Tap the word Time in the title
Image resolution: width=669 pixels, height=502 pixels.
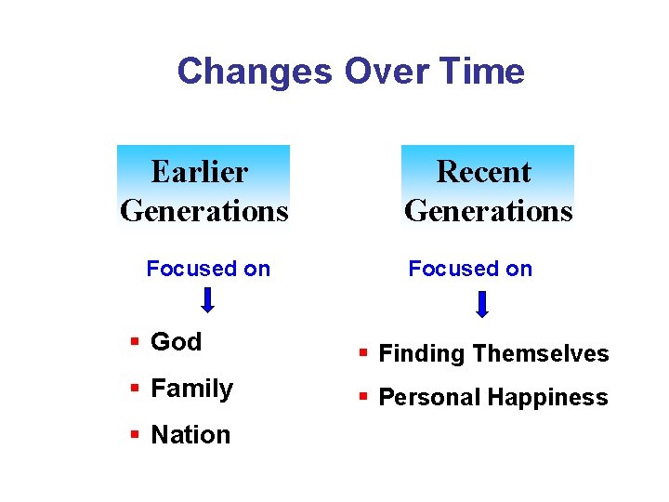coord(483,72)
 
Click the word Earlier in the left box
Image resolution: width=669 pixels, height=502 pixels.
coord(199,172)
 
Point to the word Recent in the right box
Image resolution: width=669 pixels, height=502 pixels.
coord(483,172)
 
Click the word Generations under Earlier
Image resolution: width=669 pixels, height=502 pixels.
coord(204,211)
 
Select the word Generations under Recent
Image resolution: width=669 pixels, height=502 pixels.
coord(489,211)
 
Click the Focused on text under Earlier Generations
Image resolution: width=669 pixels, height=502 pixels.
coord(208,269)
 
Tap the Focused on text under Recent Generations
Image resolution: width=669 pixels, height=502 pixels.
coord(470,269)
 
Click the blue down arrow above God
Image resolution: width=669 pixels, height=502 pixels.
coord(209,299)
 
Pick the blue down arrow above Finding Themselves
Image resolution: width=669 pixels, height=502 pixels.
coord(482,305)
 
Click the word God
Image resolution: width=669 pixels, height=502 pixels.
coord(176,342)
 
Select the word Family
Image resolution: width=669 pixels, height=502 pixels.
coord(191,389)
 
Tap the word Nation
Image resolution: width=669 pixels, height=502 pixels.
coord(190,435)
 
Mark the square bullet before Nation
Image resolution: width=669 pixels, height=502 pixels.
coord(135,435)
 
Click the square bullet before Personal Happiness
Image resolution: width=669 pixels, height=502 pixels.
coord(363,398)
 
